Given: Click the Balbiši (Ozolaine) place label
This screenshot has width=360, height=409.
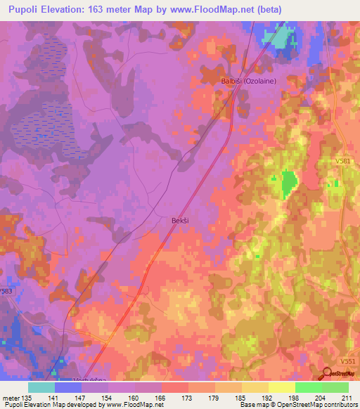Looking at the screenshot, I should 249,81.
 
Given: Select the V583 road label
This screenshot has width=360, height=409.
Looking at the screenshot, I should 6,290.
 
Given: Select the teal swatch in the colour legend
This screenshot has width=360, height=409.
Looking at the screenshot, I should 41,387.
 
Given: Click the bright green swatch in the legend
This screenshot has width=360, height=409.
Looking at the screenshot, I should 309,387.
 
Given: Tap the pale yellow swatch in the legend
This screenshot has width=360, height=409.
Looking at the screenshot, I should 282,387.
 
